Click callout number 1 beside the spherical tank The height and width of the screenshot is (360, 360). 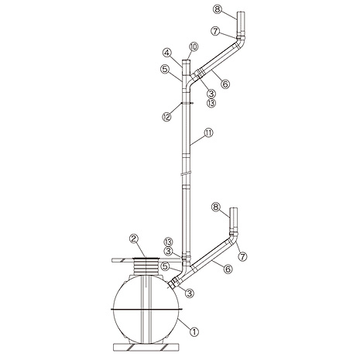coord(194,331)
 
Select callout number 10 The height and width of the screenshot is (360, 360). coord(194,47)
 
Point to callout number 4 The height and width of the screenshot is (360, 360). coord(167,53)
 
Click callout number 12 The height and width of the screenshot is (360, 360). coord(166,117)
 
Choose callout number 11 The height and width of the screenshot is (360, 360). coord(208,133)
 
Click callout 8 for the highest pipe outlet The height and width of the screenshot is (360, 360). coord(218,9)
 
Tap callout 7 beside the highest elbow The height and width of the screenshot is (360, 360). coord(215,31)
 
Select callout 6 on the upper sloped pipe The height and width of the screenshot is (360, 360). coord(225,84)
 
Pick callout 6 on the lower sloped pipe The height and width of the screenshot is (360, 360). coord(228,269)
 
